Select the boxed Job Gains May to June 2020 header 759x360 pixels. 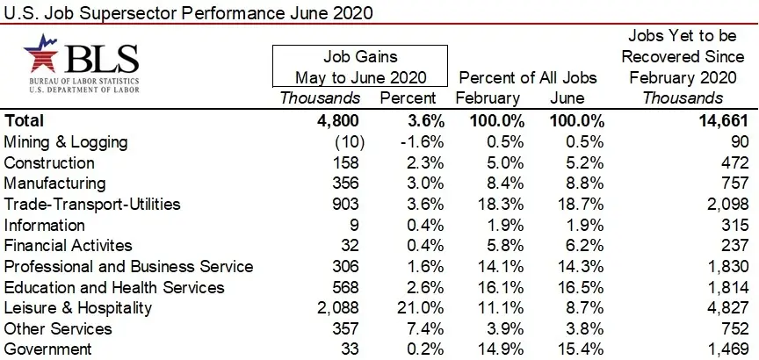click(x=360, y=66)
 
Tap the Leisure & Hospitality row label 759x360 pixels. click(x=78, y=308)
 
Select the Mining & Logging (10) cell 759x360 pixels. click(x=343, y=141)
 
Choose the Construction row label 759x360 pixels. click(x=49, y=162)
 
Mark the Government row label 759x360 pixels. click(x=47, y=349)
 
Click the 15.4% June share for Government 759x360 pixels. click(x=576, y=349)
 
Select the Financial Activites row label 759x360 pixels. click(x=69, y=245)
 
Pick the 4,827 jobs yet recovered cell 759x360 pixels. click(x=726, y=308)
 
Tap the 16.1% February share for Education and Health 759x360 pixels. click(x=499, y=287)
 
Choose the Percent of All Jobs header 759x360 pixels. click(x=528, y=77)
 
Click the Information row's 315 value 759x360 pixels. click(x=734, y=225)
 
